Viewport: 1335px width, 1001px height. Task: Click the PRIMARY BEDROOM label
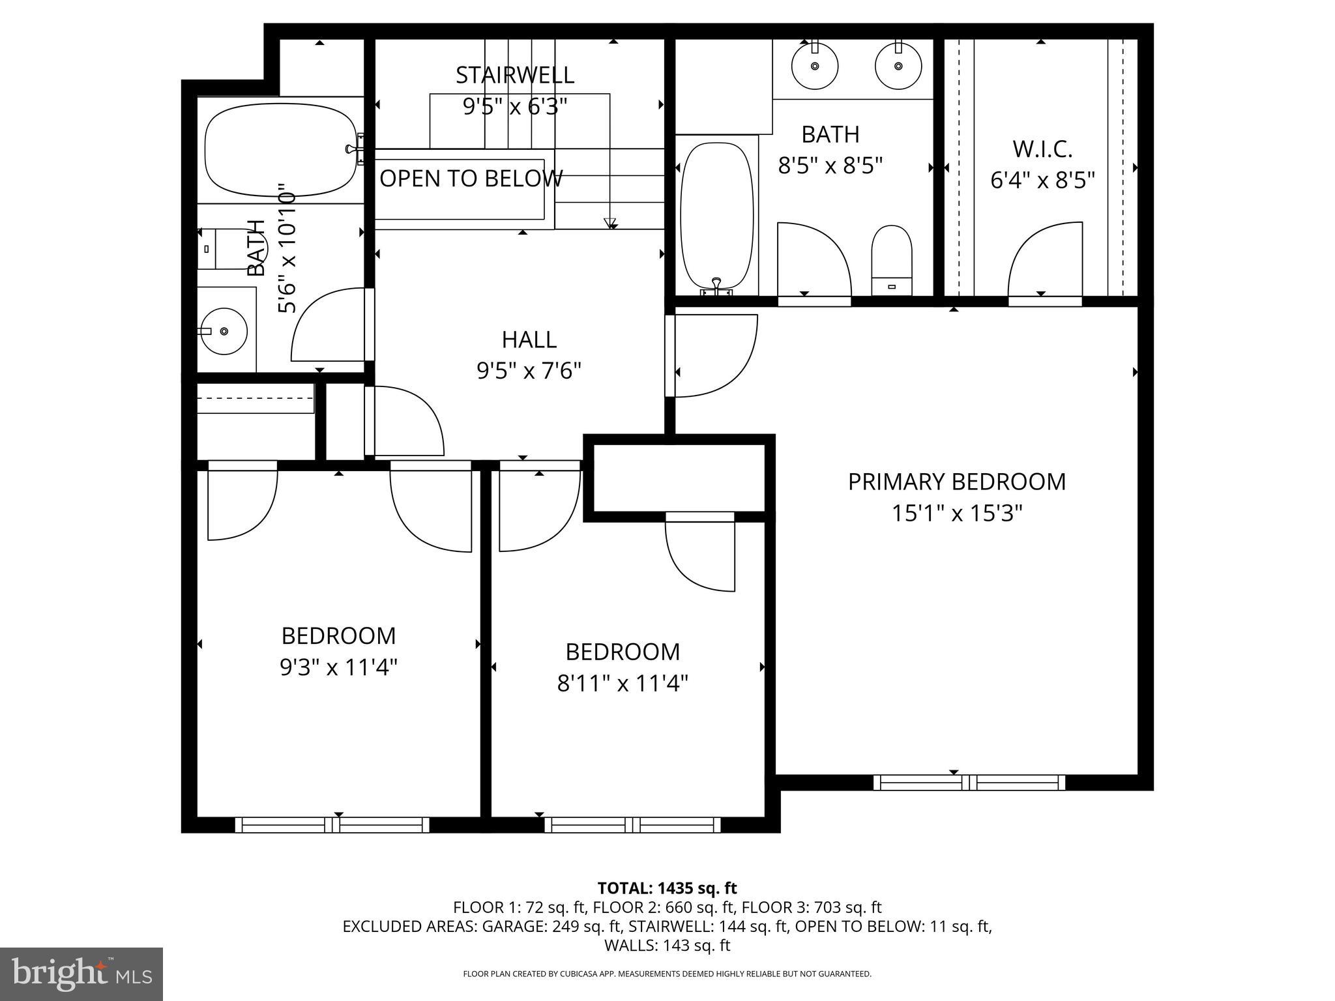(956, 482)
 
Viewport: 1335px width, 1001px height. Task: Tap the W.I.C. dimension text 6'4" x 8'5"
(1042, 180)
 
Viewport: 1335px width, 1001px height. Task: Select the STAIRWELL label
(514, 75)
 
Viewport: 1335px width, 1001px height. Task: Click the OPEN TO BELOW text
(471, 179)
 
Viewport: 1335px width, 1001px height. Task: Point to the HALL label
(529, 340)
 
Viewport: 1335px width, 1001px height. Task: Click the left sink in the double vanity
(814, 65)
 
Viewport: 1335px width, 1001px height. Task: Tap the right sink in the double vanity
(898, 65)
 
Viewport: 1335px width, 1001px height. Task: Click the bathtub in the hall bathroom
(280, 150)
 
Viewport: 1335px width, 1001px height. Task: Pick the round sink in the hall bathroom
(224, 331)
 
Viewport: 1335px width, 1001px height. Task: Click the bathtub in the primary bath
(716, 215)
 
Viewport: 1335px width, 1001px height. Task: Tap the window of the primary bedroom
(969, 782)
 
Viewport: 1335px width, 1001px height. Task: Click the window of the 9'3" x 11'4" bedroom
(332, 824)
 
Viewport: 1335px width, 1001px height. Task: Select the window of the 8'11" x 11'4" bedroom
(632, 824)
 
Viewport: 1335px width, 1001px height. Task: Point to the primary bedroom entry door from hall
(714, 356)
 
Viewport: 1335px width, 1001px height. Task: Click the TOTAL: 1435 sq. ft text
(667, 888)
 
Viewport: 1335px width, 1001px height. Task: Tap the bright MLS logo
(81, 974)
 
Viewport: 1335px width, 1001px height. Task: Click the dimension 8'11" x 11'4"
(623, 684)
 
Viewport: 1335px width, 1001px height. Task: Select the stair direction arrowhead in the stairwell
(610, 224)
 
